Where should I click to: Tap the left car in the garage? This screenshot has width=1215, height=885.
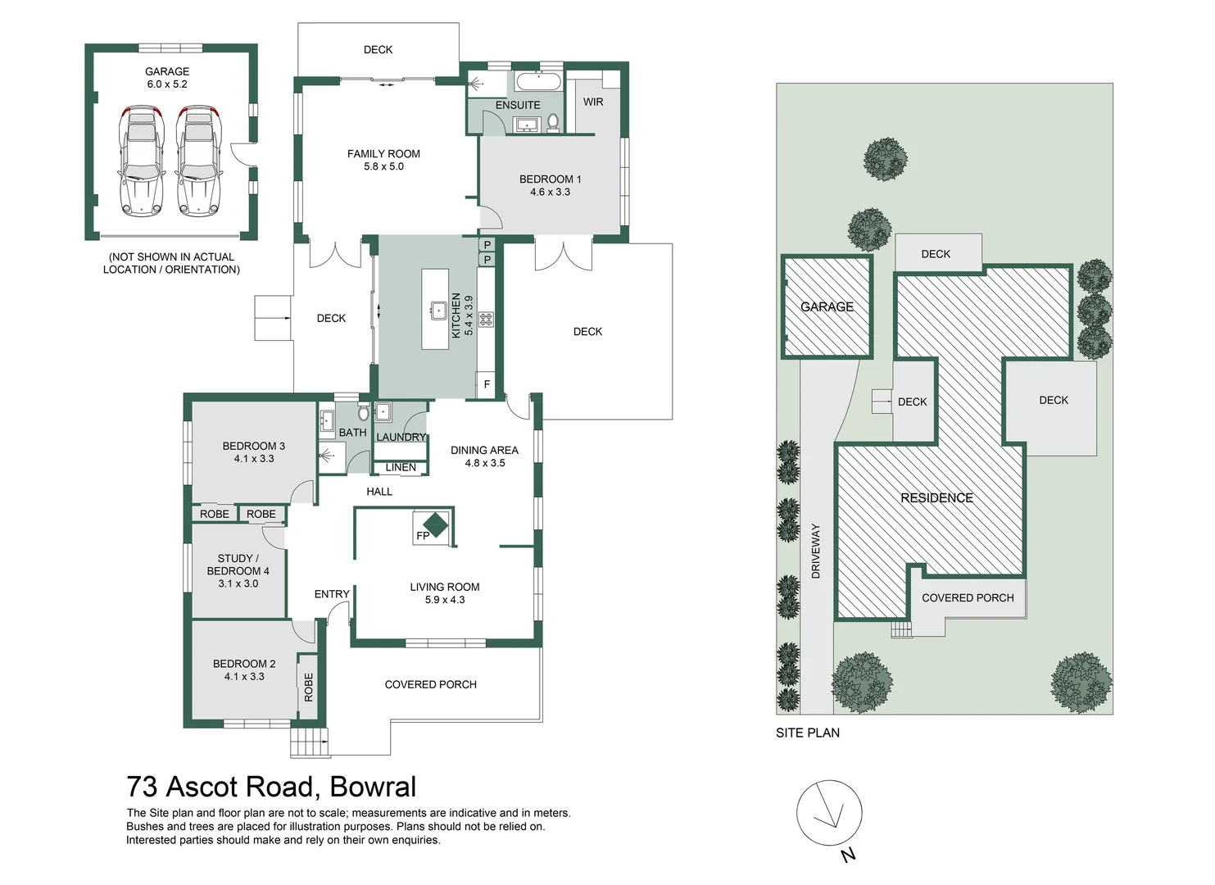[141, 161]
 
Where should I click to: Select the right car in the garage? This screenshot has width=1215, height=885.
[199, 161]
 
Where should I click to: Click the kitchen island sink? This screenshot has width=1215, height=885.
[438, 311]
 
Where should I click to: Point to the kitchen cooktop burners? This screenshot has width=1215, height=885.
[486, 319]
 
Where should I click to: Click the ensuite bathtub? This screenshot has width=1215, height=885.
[537, 81]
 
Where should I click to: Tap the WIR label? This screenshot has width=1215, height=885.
[593, 102]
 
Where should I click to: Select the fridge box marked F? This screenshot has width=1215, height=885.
[487, 384]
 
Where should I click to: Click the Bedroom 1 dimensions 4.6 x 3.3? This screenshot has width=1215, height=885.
[550, 192]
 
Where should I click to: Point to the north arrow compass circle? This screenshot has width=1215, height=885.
[829, 812]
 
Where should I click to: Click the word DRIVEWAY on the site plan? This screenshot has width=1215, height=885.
[815, 551]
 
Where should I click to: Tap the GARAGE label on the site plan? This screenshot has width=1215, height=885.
[827, 306]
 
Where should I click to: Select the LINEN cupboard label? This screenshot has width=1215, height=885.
[401, 467]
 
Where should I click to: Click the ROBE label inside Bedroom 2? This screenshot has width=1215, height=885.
[309, 687]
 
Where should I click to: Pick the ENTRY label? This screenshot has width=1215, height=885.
[332, 594]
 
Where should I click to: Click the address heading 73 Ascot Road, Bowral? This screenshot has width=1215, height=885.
[271, 787]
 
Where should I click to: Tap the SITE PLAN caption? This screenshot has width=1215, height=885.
[807, 733]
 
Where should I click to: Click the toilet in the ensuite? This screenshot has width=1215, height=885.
[553, 122]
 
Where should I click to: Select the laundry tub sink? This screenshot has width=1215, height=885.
[383, 411]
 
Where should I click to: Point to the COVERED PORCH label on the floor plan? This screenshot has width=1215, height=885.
[430, 684]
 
